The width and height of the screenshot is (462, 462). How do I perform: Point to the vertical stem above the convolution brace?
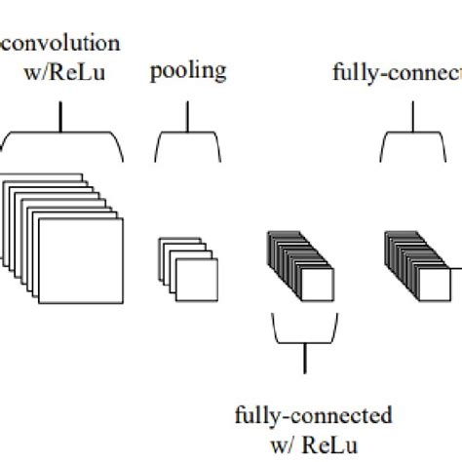click(62, 117)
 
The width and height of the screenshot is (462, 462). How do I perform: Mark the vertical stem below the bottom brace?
click(304, 360)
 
